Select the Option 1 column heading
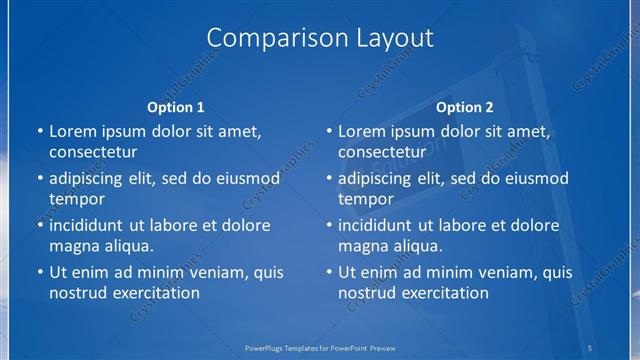pos(175,107)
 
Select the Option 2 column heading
pos(465,107)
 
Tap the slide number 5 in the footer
pos(590,347)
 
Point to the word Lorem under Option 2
pos(362,131)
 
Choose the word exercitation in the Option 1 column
pos(155,293)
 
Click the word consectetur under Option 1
pos(93,152)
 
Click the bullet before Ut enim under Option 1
pos(39,272)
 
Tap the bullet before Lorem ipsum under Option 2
pos(329,131)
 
